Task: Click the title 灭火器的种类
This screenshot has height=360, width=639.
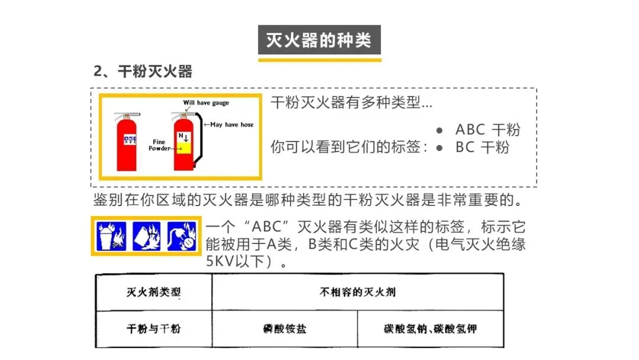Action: point(319,40)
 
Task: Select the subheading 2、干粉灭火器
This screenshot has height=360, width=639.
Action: point(143,72)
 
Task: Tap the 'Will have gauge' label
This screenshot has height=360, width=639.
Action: point(206,103)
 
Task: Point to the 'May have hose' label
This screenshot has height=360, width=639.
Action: point(232,125)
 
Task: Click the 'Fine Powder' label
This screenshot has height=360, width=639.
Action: point(160,145)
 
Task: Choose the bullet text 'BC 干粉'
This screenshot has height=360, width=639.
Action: point(482,147)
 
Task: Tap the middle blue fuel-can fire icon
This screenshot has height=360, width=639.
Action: point(147,236)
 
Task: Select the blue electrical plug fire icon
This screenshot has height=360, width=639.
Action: point(181,236)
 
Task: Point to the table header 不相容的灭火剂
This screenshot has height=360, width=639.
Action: point(357,292)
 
